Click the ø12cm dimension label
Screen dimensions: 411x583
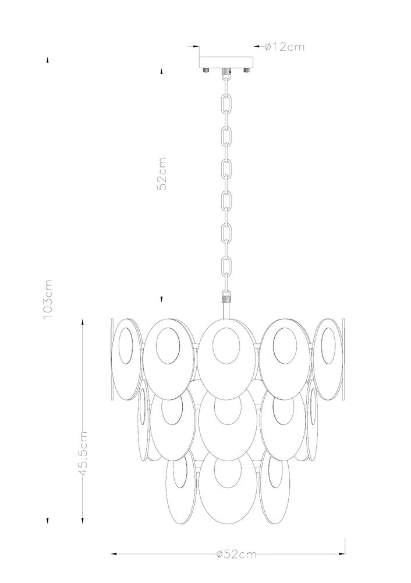click(x=285, y=47)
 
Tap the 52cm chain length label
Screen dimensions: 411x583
click(x=162, y=174)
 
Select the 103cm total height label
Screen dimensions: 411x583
click(x=48, y=299)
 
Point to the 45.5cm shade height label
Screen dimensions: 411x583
click(x=83, y=453)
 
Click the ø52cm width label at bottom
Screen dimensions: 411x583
click(x=236, y=554)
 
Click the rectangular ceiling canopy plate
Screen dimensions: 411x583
click(x=226, y=62)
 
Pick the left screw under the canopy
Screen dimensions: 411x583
click(x=206, y=70)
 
